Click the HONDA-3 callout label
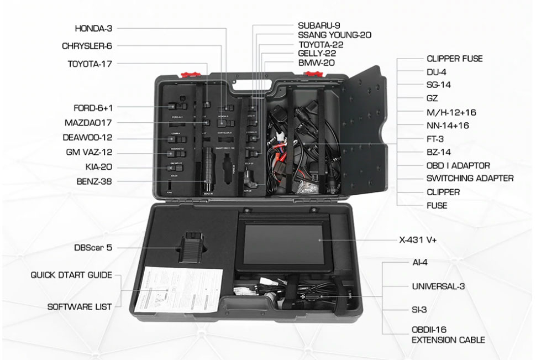tap(93, 28)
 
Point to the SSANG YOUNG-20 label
tap(334, 35)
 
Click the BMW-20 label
tap(316, 62)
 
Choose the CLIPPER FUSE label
tap(454, 59)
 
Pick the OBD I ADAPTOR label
tap(458, 165)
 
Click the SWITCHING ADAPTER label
tap(470, 179)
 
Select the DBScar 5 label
tap(93, 248)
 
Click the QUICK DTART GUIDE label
tap(71, 275)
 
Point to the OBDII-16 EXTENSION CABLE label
tap(448, 335)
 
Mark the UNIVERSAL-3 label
tap(438, 286)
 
